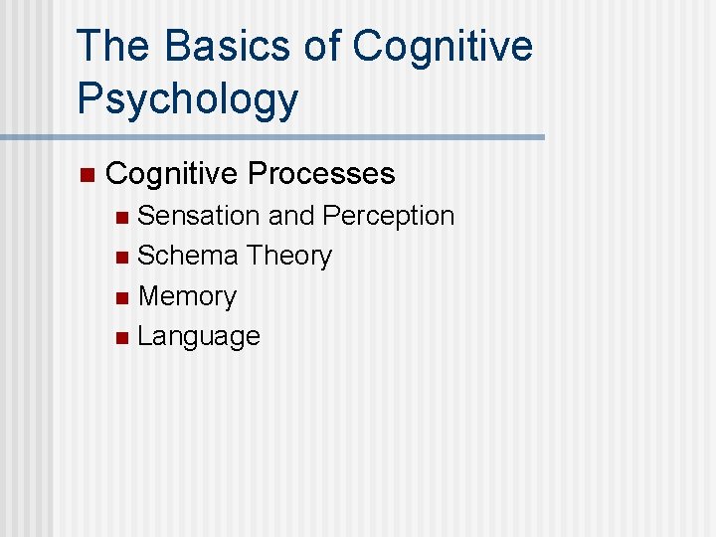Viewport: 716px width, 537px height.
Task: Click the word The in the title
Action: [x=110, y=47]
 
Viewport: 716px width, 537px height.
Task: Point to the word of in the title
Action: [x=323, y=47]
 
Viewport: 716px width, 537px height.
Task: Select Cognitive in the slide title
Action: [x=443, y=47]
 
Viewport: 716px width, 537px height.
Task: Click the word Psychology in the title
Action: [x=187, y=100]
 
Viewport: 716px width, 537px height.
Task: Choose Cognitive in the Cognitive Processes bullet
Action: [x=172, y=174]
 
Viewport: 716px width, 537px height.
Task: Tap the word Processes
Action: [x=321, y=174]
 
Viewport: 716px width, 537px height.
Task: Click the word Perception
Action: [x=389, y=217]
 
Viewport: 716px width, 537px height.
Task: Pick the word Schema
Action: [x=187, y=257]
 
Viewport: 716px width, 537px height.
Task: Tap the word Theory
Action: [x=288, y=257]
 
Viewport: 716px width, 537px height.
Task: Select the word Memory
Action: [x=187, y=297]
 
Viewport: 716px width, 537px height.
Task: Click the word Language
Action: [x=199, y=337]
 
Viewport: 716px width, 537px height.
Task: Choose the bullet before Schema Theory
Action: [x=121, y=258]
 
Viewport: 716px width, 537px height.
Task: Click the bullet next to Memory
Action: [x=121, y=298]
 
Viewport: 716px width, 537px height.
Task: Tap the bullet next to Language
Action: [x=121, y=338]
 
